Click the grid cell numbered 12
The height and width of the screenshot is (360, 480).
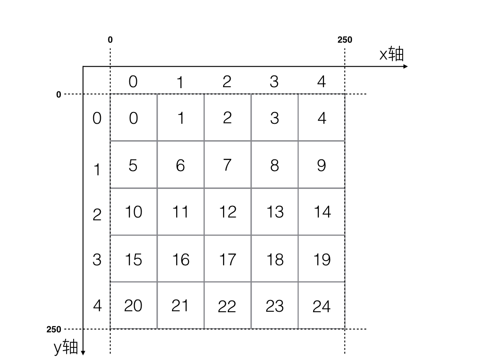[228, 212]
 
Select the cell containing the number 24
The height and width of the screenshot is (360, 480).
[322, 306]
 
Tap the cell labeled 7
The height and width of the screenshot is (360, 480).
[228, 165]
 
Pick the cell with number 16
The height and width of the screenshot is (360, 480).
[181, 259]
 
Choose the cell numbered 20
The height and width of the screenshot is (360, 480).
[134, 306]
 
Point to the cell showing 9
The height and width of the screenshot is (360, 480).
[322, 165]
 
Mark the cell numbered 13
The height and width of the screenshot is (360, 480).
[275, 212]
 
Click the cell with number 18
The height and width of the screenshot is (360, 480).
[275, 259]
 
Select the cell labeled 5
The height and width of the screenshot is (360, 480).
[134, 165]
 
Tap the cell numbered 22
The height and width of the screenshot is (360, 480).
[228, 306]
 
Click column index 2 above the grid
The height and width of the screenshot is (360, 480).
[227, 82]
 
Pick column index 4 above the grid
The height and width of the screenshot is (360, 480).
[321, 82]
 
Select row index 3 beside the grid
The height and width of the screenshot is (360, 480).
[97, 259]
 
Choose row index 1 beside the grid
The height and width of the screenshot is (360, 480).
[97, 169]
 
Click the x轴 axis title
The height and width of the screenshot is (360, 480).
[391, 54]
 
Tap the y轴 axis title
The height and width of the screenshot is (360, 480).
[66, 347]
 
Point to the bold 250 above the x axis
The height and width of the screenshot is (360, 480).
[345, 40]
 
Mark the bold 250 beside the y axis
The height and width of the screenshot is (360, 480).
[54, 330]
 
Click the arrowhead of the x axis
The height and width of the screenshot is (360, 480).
[405, 67]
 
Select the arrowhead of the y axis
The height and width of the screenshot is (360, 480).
[83, 352]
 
